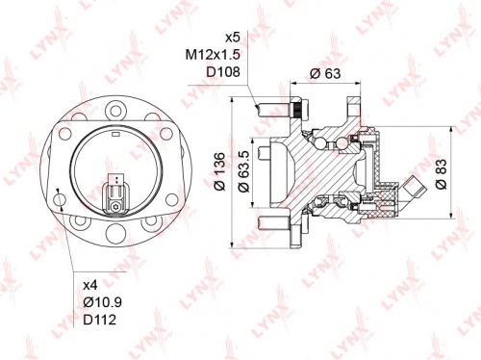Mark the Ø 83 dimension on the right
tap(441, 172)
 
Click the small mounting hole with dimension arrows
tap(60, 200)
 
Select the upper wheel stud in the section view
tap(274, 109)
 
